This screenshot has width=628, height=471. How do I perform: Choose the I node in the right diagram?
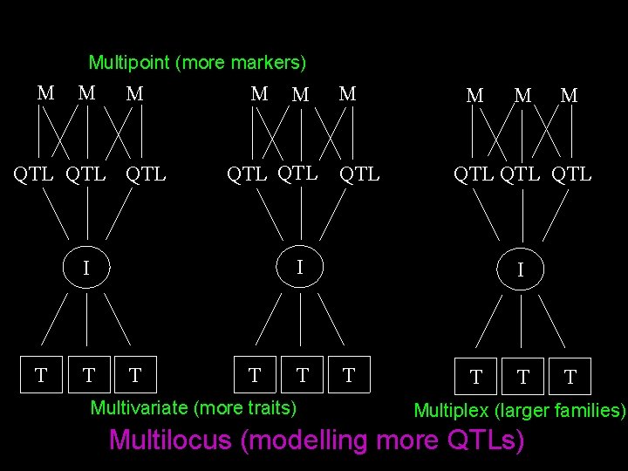(521, 270)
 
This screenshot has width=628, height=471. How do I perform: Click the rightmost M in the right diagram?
(569, 95)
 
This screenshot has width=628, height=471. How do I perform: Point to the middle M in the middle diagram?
(300, 94)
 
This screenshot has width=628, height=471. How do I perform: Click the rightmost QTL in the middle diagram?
(359, 174)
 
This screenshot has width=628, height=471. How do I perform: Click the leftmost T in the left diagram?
(40, 376)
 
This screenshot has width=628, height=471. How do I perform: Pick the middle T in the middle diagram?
(302, 375)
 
